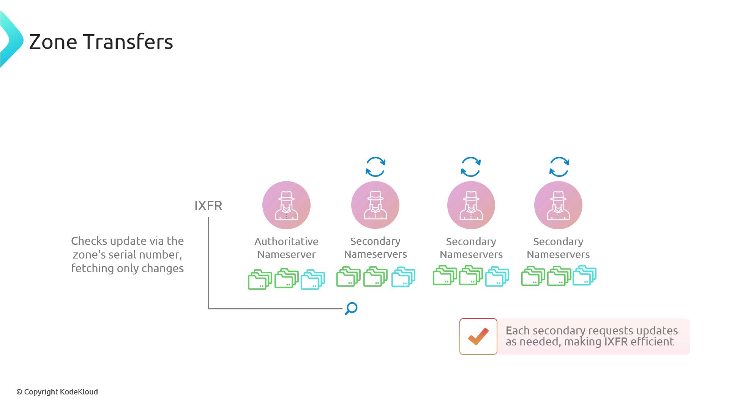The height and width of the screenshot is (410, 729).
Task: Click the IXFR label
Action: click(x=208, y=206)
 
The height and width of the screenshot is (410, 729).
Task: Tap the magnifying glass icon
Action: click(x=351, y=308)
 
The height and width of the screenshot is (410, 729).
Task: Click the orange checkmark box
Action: click(x=478, y=336)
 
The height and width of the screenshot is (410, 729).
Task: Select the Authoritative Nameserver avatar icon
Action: click(x=286, y=205)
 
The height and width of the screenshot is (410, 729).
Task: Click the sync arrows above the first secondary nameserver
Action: click(x=376, y=167)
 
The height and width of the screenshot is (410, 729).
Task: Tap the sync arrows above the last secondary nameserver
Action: click(x=559, y=167)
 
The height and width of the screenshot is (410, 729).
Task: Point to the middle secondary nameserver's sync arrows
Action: click(x=471, y=167)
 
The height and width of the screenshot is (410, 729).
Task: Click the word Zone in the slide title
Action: click(x=53, y=42)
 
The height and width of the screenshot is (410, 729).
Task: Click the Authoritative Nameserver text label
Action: click(x=286, y=248)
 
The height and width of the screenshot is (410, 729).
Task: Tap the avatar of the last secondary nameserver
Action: click(x=558, y=205)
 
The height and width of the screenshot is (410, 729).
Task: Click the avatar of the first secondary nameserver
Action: click(x=375, y=205)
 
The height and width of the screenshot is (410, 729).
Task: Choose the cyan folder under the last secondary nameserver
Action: click(x=584, y=276)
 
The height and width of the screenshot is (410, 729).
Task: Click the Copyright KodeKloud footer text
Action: click(x=57, y=392)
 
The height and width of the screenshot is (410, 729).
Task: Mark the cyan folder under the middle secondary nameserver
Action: click(x=497, y=276)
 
